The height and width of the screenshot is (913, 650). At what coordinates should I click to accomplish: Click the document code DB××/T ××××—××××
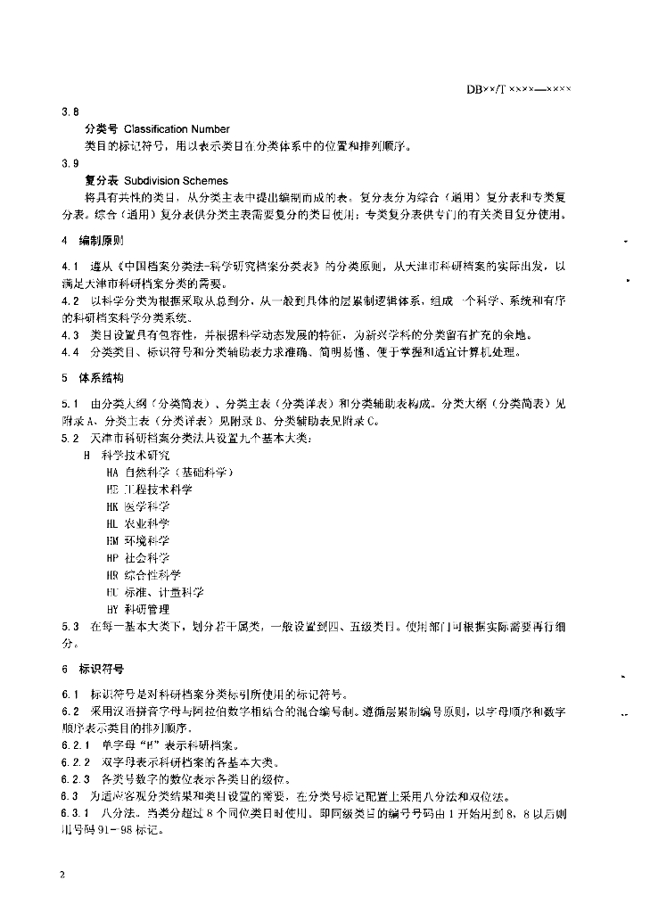[519, 89]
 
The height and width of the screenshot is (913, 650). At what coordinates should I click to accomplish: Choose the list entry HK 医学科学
[136, 506]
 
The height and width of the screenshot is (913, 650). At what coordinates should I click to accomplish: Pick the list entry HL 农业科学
[136, 523]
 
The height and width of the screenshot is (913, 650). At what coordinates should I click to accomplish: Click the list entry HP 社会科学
[136, 557]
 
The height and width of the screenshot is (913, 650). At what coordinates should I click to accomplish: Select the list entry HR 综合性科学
[143, 574]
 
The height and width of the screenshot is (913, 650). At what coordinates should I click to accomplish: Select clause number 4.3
[70, 335]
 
